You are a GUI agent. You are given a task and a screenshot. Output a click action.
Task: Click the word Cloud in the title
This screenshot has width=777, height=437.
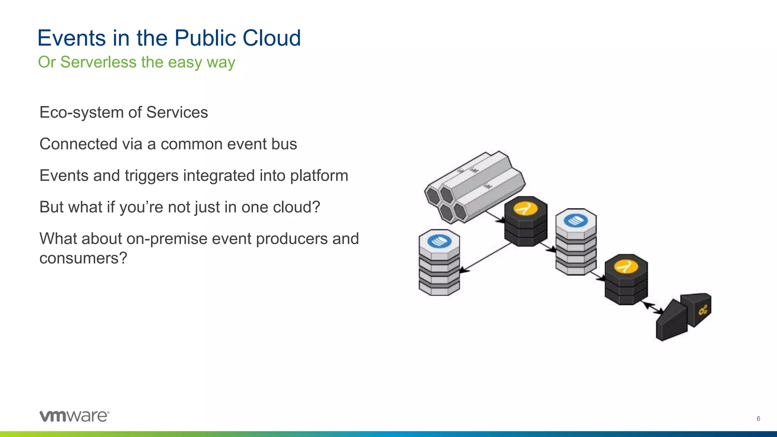pyautogui.click(x=272, y=38)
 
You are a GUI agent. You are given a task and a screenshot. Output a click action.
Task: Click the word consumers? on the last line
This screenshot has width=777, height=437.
pyautogui.click(x=83, y=258)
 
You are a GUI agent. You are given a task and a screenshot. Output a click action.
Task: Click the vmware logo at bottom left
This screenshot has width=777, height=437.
pyautogui.click(x=74, y=416)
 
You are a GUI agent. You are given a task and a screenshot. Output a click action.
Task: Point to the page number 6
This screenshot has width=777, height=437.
pyautogui.click(x=758, y=419)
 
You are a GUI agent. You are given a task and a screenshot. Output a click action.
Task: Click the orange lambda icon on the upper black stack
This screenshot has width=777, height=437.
pyautogui.click(x=525, y=208)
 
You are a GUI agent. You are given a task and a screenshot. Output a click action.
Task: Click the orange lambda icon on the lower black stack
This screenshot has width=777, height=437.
pyautogui.click(x=626, y=266)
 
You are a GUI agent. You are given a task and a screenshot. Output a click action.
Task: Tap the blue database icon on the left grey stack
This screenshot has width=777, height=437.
pyautogui.click(x=439, y=241)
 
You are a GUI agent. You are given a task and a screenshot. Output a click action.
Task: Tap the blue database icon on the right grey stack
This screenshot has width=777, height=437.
pyautogui.click(x=576, y=220)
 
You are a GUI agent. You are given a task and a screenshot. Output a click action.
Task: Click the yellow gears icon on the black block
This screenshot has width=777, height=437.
pyautogui.click(x=703, y=310)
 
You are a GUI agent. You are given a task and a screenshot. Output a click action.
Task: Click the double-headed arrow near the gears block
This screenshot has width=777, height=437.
pyautogui.click(x=653, y=308)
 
